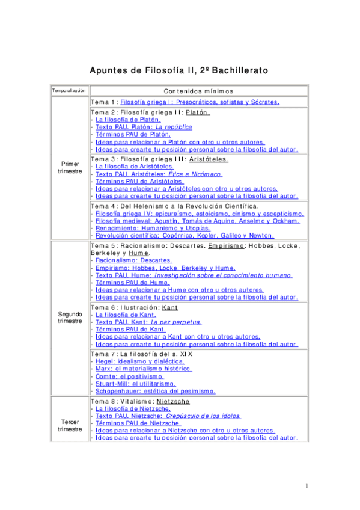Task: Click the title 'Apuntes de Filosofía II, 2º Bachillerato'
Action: point(179,70)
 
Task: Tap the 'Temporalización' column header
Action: point(69,90)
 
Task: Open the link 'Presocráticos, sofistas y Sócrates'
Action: point(200,102)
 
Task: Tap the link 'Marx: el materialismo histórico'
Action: point(139,368)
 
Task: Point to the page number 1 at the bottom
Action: point(306,485)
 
